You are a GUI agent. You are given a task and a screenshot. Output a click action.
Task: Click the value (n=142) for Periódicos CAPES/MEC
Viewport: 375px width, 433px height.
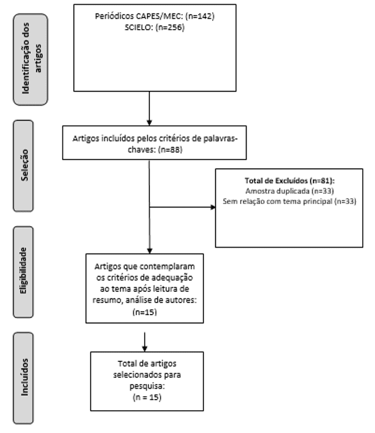tap(200, 16)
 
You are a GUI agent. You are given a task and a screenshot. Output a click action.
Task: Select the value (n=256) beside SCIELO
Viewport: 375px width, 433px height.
tap(170, 27)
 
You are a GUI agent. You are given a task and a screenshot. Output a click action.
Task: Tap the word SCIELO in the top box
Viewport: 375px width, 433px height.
tap(138, 27)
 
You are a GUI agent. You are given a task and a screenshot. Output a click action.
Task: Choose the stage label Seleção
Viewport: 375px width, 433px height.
tap(24, 165)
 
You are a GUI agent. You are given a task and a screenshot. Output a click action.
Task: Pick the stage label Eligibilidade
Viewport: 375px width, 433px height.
tap(23, 270)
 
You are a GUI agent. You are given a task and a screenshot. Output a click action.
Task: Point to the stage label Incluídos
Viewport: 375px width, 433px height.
tap(24, 377)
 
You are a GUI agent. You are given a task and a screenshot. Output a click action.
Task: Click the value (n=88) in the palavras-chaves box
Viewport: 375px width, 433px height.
tap(170, 150)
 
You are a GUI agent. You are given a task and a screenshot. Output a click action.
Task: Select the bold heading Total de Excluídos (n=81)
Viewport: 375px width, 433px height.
tap(290, 181)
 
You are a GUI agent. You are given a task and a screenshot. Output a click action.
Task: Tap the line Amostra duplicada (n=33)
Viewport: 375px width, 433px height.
tap(290, 191)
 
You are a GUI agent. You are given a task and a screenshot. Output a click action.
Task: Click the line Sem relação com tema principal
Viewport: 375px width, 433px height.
tap(277, 201)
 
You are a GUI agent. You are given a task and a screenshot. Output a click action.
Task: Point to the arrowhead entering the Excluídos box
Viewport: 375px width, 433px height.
tap(213, 207)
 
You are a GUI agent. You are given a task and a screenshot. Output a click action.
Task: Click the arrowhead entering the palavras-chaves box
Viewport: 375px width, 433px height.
tap(149, 122)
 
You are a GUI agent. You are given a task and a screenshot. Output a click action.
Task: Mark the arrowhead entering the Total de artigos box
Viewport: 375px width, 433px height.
tap(145, 348)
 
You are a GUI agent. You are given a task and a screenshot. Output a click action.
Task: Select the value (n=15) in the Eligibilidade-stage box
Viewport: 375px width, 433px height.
tap(145, 312)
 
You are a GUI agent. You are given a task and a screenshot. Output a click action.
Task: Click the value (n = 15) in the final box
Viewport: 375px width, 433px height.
tap(147, 397)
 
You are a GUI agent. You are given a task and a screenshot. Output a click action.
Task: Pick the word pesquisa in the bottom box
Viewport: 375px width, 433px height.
tap(146, 386)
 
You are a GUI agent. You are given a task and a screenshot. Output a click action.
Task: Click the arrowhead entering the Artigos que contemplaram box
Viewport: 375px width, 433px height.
tap(149, 251)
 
